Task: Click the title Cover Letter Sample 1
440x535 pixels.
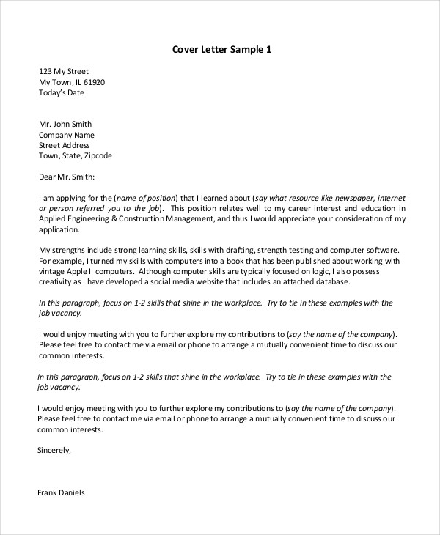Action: pos(221,50)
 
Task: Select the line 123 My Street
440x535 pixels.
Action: pos(63,72)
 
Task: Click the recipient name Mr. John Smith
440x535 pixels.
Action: pos(65,125)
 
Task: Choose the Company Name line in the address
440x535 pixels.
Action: pos(66,135)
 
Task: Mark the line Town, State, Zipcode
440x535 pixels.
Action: pos(75,156)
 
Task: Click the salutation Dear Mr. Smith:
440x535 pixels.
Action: pos(67,177)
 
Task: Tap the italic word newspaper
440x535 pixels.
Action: pos(345,198)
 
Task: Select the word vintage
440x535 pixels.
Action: pos(51,271)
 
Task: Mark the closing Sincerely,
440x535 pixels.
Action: pos(54,451)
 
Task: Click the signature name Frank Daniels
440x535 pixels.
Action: pos(61,493)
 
